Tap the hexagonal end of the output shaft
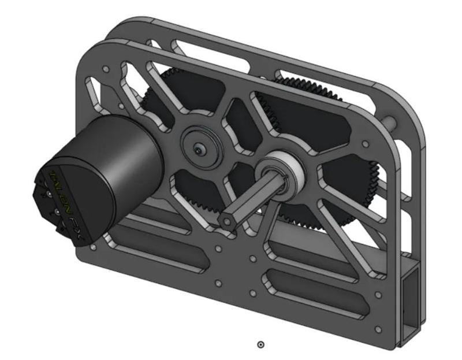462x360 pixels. (227, 221)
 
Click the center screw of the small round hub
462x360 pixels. (198, 150)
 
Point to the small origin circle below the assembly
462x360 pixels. (260, 344)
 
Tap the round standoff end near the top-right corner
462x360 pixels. (393, 121)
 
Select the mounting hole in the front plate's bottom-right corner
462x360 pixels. (378, 329)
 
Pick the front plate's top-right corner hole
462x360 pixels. (364, 143)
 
